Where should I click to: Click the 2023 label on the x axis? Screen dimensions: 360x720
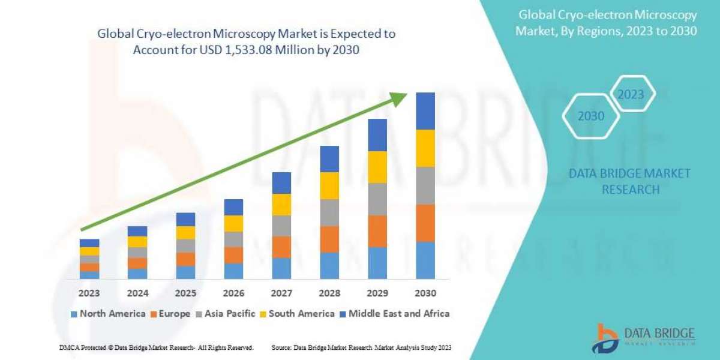[89, 294]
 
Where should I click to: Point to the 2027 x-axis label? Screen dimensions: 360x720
[281, 294]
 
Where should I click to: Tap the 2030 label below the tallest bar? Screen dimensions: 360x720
[425, 294]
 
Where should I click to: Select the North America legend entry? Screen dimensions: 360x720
[108, 314]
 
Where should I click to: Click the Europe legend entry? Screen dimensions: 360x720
[170, 314]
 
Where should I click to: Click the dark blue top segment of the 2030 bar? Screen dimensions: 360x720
[425, 111]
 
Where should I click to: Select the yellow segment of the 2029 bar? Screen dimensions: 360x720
[377, 167]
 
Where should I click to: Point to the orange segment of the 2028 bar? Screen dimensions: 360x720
[329, 239]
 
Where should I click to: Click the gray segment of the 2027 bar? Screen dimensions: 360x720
[281, 226]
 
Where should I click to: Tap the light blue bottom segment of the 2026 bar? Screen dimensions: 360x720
[233, 271]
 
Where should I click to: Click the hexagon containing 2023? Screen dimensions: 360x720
[631, 94]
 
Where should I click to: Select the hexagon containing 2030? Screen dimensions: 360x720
[591, 116]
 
